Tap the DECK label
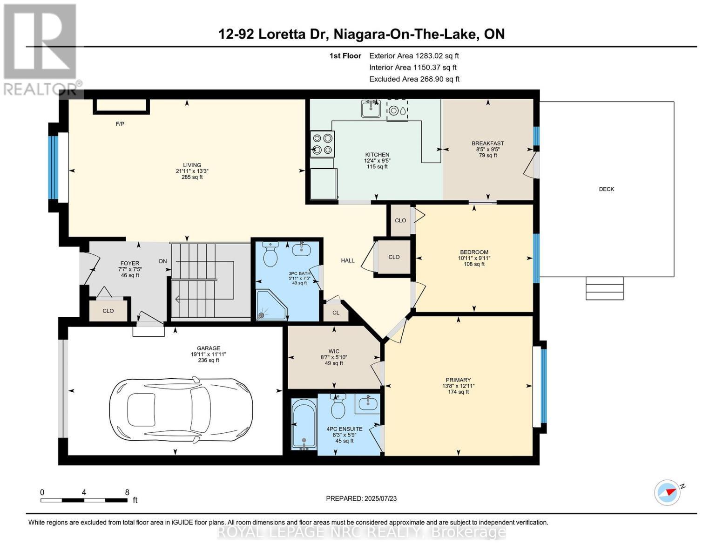[606, 189]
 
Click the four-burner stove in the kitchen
[322, 143]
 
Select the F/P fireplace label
[120, 124]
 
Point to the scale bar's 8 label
[127, 492]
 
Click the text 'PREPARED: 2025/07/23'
[361, 498]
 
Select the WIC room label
[334, 351]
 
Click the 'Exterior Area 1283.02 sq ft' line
[414, 55]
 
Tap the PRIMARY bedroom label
[458, 380]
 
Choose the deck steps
[604, 288]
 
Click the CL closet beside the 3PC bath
[336, 313]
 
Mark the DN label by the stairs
[162, 261]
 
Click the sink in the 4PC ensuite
[368, 403]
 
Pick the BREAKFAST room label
[487, 143]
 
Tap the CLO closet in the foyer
[108, 311]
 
